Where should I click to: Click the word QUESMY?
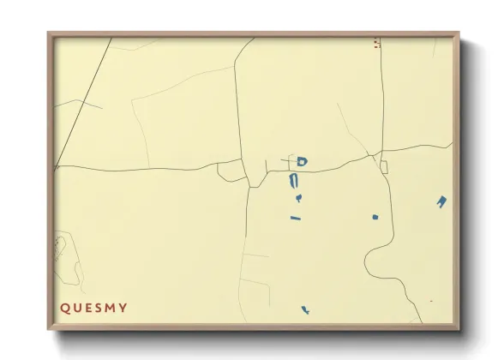tap(93, 308)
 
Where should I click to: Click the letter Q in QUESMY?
tap(63, 308)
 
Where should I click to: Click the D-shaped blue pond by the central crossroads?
tap(302, 161)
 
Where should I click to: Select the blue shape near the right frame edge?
tap(441, 202)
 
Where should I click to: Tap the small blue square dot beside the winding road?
tap(375, 216)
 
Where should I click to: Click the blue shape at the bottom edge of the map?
tap(305, 310)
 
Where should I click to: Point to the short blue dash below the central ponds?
tap(297, 218)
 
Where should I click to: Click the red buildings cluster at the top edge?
tap(377, 43)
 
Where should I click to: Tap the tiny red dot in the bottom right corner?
tap(430, 302)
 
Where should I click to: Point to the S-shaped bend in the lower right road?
tap(377, 257)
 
